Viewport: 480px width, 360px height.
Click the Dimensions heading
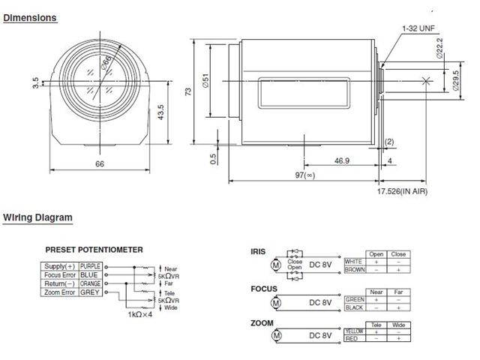[30, 17]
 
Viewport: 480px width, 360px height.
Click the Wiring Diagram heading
[37, 218]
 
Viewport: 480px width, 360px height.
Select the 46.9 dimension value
[341, 160]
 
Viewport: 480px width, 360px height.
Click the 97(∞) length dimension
[304, 174]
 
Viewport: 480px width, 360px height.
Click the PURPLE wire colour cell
[89, 265]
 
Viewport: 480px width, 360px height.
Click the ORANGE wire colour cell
[89, 283]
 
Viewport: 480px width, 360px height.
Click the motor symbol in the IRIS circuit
[274, 265]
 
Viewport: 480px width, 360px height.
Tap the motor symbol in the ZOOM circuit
[274, 335]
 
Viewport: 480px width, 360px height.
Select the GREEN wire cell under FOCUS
[354, 299]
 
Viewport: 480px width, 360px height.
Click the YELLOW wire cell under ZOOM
[354, 331]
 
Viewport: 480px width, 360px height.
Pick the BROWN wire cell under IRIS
[354, 269]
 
